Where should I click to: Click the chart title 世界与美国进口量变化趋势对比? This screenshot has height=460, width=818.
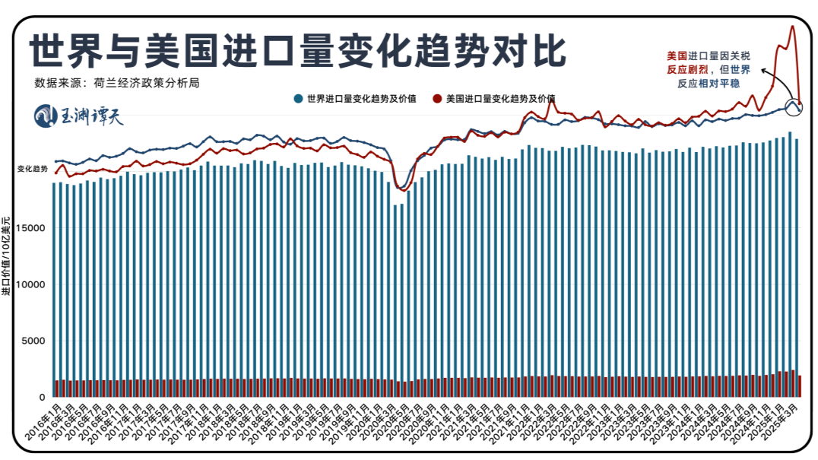(x=297, y=51)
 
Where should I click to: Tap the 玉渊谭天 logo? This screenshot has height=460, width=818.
(x=79, y=116)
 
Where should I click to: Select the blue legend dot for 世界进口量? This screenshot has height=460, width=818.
(x=299, y=99)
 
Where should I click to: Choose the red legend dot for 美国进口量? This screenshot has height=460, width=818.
(x=437, y=99)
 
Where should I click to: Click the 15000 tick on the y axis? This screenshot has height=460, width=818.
(x=34, y=227)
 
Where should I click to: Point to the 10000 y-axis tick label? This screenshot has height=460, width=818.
(x=34, y=284)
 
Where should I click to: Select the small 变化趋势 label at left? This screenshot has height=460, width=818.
(x=32, y=169)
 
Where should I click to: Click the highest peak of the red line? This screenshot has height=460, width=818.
(x=792, y=27)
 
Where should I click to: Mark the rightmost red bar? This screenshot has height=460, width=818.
(x=799, y=386)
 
